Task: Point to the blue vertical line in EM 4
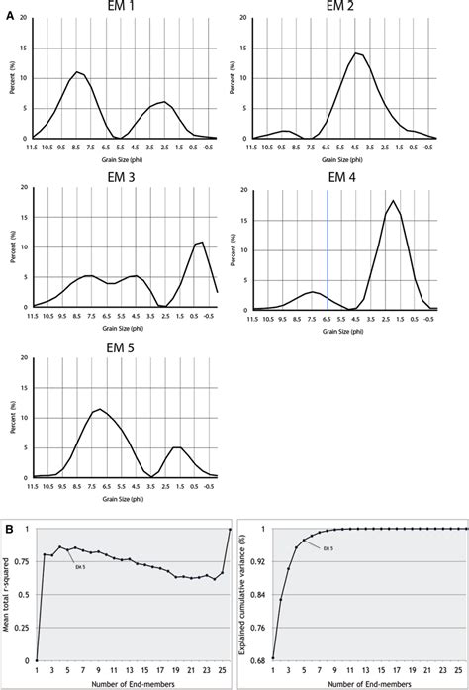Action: [328, 247]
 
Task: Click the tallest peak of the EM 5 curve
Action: [99, 409]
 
